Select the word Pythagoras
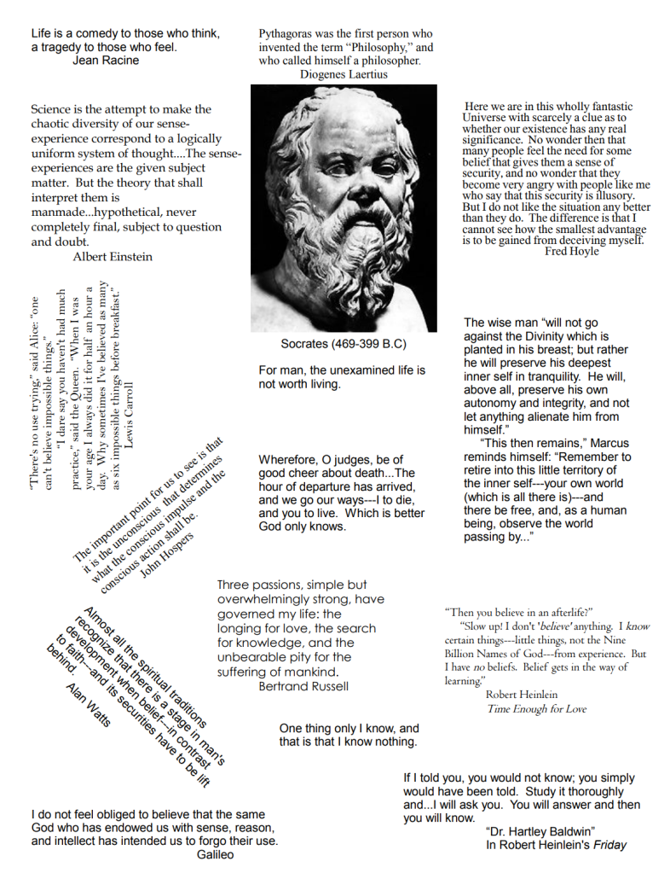click(291, 33)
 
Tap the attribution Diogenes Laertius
click(344, 74)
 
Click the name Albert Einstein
click(113, 256)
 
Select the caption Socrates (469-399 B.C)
click(343, 344)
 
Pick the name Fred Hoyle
click(572, 251)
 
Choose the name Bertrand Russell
click(303, 686)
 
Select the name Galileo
click(215, 854)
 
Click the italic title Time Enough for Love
click(536, 708)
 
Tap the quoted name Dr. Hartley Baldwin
click(540, 831)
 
